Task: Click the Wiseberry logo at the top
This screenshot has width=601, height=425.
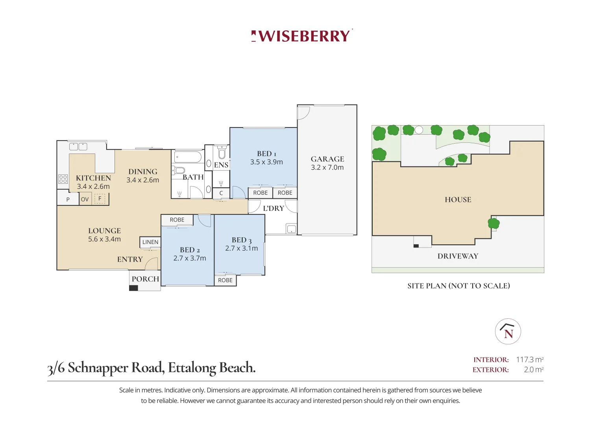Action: point(302,36)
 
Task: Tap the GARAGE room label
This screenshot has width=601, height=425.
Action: point(327,159)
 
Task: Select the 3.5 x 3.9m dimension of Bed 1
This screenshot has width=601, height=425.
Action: point(266,162)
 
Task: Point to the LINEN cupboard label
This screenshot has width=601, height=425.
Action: point(150,242)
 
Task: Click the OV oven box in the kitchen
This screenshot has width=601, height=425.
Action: point(85,199)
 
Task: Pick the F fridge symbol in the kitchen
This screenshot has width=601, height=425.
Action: point(100,199)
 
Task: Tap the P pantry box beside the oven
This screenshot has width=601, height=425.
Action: point(68,199)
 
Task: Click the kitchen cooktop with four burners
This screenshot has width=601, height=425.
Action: point(63,179)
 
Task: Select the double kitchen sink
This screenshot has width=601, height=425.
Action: point(78,147)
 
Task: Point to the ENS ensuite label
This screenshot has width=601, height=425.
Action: point(221,165)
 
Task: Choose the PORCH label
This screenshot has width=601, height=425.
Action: point(145,279)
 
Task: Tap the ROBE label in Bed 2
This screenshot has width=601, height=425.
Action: point(177,220)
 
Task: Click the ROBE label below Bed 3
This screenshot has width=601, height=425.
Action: point(225,280)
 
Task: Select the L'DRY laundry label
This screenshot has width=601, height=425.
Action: point(274,209)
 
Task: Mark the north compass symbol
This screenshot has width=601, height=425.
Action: point(508,331)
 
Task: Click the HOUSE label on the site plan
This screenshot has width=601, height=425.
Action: point(458,200)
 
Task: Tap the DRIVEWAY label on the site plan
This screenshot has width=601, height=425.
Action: point(458,256)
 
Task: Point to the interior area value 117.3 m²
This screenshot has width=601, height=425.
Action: point(529,360)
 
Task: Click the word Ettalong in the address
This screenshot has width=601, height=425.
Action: point(192,368)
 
